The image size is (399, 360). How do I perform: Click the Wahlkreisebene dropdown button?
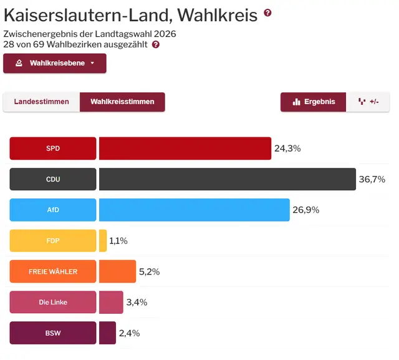(x=55, y=63)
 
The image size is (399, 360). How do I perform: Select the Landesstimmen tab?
(x=41, y=102)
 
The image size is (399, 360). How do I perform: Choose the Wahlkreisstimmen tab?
(x=122, y=102)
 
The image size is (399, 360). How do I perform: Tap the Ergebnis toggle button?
(x=314, y=102)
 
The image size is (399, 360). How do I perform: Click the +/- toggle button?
(x=368, y=102)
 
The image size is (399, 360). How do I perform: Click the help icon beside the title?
(x=268, y=13)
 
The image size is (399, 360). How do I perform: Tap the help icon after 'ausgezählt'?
(x=156, y=45)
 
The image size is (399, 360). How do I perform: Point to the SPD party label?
(x=53, y=148)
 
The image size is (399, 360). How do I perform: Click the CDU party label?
(x=53, y=179)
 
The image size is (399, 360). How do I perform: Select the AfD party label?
(x=53, y=210)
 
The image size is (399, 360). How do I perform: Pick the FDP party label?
(x=53, y=240)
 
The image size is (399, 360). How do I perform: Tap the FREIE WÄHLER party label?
(x=53, y=271)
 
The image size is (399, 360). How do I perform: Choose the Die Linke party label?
(x=53, y=302)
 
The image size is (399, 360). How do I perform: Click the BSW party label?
(x=53, y=333)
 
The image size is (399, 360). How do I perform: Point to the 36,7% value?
(x=372, y=179)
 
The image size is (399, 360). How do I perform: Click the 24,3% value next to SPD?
(x=287, y=148)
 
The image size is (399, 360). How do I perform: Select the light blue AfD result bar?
(x=194, y=210)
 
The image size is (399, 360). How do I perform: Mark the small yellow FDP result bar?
(x=103, y=240)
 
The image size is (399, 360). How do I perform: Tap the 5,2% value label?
(x=150, y=271)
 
